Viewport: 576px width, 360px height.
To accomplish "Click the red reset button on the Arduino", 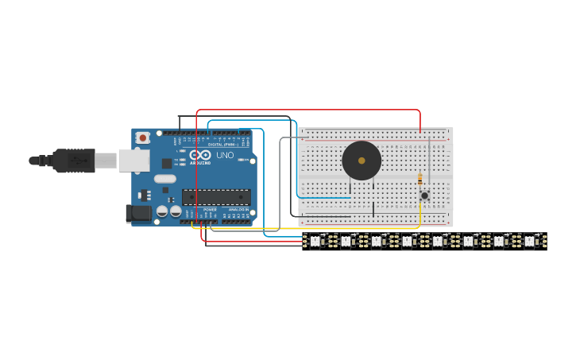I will [143, 137].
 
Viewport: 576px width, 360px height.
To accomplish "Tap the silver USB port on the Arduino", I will [133, 161].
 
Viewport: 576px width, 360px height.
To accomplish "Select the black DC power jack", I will [138, 212].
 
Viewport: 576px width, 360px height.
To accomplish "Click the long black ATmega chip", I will [216, 197].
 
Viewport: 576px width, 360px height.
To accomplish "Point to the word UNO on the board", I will [225, 155].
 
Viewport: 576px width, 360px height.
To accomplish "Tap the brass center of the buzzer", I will [361, 161].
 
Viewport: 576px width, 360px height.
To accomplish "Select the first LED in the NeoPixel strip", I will [315, 240].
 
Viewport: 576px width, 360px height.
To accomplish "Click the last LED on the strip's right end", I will [529, 240].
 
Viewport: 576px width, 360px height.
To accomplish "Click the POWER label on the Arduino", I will [209, 210].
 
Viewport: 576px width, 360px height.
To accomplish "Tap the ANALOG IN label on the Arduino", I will [238, 210].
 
